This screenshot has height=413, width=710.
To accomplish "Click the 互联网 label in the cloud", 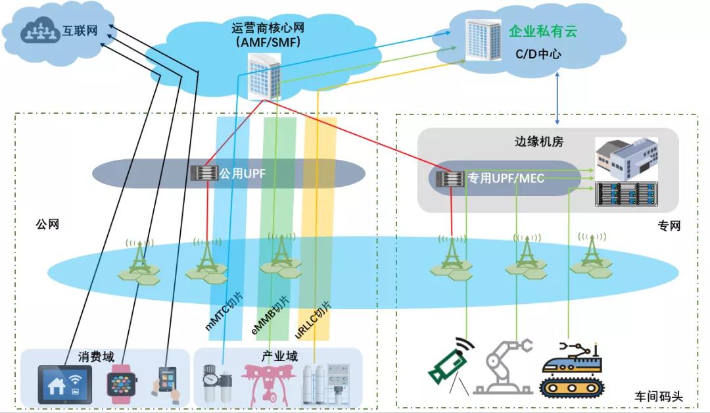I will [x=80, y=31].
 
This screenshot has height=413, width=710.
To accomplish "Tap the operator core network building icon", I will [x=264, y=76].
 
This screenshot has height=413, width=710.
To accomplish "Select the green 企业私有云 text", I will [x=543, y=31].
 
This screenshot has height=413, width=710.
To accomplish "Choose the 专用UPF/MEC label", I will [x=506, y=178].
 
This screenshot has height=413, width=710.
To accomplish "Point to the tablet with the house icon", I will [x=64, y=383].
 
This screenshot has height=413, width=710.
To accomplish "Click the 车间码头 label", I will [x=659, y=397].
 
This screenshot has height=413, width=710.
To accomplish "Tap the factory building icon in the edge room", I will [x=625, y=158].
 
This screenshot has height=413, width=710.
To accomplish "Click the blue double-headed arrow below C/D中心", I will [x=558, y=99].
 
